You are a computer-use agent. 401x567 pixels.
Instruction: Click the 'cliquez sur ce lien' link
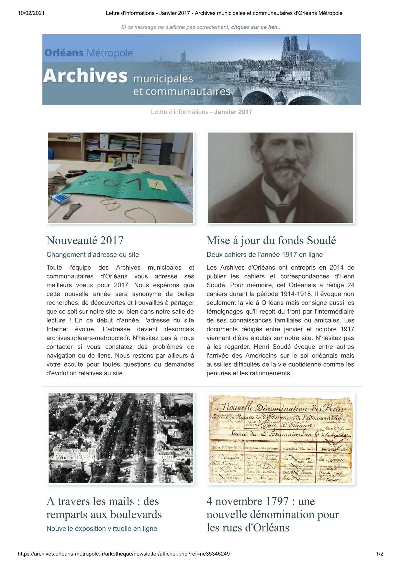254,27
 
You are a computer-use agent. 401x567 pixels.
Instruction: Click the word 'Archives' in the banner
85,76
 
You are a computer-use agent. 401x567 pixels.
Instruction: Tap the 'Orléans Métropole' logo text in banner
89,53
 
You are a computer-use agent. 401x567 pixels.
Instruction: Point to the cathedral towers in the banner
290,45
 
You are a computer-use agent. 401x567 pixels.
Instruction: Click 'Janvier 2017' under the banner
233,112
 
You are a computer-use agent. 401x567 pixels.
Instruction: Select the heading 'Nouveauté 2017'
85,241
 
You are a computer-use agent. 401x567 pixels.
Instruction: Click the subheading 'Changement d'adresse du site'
93,255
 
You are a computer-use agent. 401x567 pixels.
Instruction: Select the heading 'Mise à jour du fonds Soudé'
271,241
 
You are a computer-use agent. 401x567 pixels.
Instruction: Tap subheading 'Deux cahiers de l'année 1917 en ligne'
265,255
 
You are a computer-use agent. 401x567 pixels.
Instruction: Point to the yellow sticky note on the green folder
158,184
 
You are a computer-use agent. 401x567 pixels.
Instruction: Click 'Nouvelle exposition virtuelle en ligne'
102,529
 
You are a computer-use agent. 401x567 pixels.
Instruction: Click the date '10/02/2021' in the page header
31,13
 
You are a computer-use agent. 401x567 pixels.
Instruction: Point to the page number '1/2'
380,554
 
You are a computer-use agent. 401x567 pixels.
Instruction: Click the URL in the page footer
124,554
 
